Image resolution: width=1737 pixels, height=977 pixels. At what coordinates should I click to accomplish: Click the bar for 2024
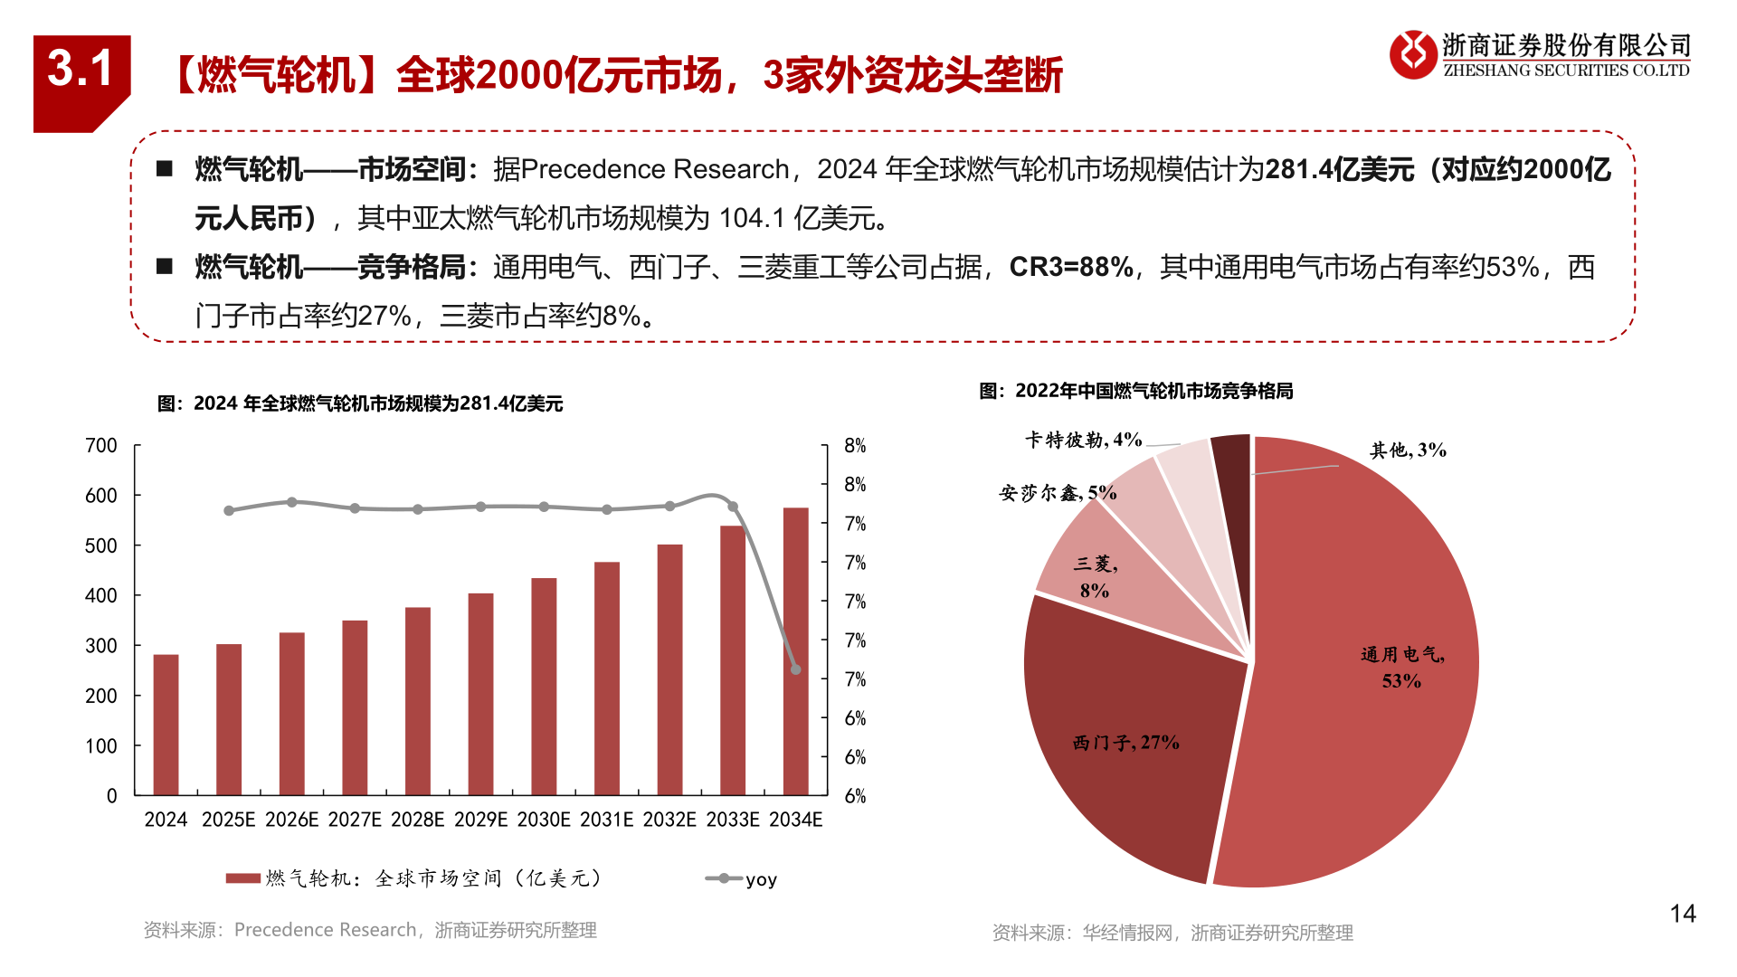pos(166,725)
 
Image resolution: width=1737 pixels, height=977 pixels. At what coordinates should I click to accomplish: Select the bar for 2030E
pos(544,687)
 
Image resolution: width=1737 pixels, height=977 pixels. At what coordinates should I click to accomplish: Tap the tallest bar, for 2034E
pos(795,651)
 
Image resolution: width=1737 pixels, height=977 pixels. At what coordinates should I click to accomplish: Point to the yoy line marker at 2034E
pos(796,669)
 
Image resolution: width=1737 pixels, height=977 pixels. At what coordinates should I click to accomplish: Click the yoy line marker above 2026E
pos(291,502)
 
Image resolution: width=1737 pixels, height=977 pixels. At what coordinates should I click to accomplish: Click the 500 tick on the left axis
pos(101,545)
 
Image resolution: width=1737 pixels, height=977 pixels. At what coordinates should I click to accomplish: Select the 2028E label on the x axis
pos(417,820)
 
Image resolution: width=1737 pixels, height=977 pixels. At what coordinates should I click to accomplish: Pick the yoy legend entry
pos(742,879)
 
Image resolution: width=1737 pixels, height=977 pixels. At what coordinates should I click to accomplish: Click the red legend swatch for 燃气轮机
pos(242,878)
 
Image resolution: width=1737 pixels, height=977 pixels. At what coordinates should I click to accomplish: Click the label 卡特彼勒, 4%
pos(1083,440)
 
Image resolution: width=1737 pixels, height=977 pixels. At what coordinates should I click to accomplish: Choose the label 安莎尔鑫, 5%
pos(1057,493)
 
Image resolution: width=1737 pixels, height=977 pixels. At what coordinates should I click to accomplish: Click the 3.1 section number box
pos(81,72)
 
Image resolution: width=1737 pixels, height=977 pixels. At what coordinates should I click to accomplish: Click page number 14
pos(1682,914)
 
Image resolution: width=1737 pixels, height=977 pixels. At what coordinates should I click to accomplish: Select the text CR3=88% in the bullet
pos(1070,267)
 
